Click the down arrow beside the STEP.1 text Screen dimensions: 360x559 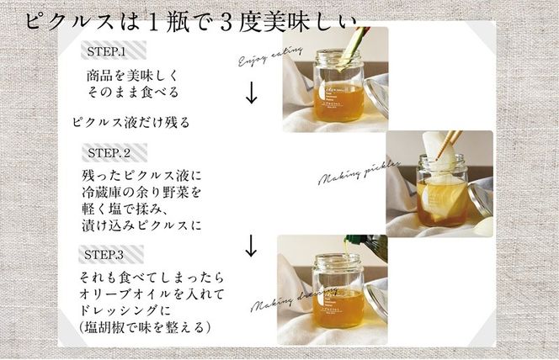250,93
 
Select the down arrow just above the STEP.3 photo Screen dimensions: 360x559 250,246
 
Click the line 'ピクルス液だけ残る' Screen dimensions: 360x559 130,122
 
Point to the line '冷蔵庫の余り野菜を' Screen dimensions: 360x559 138,193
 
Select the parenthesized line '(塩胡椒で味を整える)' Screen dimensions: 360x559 141,326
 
